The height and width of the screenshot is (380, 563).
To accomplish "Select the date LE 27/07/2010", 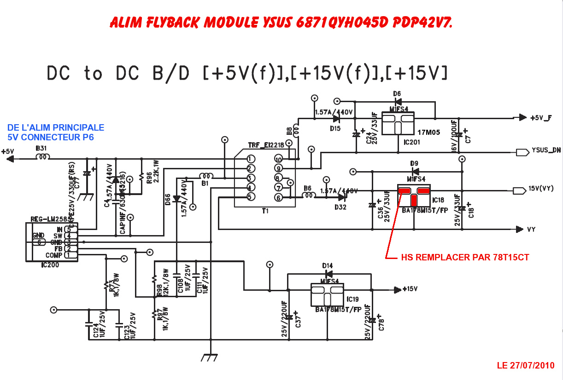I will [x=526, y=366].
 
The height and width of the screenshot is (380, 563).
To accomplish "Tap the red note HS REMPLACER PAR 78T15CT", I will [x=465, y=258].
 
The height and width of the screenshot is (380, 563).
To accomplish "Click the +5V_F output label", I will [x=541, y=118].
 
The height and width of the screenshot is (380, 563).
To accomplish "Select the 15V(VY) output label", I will [x=541, y=189].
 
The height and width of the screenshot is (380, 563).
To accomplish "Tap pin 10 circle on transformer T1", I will [x=278, y=160].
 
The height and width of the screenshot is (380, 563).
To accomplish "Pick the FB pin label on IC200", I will [x=59, y=248].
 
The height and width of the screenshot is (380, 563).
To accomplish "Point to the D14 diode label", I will [x=328, y=266].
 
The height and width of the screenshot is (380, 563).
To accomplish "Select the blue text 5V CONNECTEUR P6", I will [x=51, y=137].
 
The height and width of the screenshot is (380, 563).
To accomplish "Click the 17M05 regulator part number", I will [x=428, y=132].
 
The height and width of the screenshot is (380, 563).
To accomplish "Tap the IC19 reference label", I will [x=352, y=299].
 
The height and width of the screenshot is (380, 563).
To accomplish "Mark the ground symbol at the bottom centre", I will [x=211, y=357].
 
